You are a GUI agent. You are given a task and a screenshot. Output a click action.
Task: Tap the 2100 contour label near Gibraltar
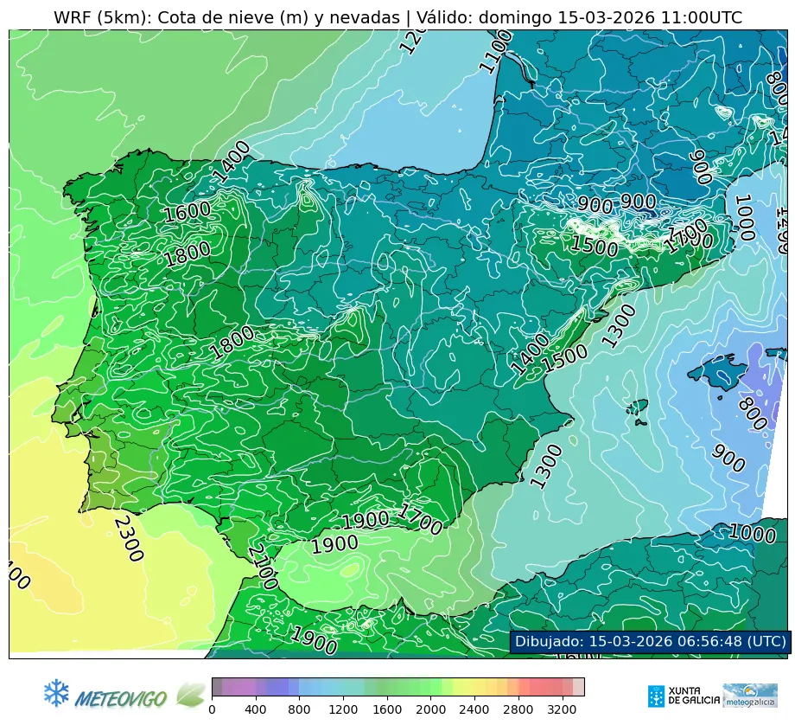pos(262,567)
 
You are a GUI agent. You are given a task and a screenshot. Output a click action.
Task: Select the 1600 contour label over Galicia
pos(188,211)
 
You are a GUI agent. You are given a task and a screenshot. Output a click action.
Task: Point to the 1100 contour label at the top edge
pos(495,51)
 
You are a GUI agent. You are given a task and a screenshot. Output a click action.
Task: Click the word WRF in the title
pos(73,18)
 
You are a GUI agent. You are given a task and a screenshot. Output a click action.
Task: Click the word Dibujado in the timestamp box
pos(549,641)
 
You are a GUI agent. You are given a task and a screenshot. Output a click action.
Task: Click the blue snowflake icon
pos(56,692)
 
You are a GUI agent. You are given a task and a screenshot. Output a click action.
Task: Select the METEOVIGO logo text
pos(121,697)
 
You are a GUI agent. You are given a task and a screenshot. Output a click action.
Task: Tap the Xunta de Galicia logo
pos(682,696)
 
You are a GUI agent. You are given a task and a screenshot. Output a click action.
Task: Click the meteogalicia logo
pos(750,696)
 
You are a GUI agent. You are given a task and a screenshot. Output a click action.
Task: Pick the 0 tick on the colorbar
pos(212,710)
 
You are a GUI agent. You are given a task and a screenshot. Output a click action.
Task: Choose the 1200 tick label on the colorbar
pos(344,710)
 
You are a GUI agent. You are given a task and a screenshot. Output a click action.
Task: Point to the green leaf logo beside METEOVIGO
pos(190,694)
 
